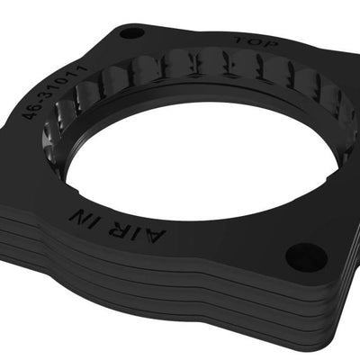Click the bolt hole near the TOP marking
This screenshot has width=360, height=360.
coord(131,33)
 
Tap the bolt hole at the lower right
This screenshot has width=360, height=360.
coord(307,257)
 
